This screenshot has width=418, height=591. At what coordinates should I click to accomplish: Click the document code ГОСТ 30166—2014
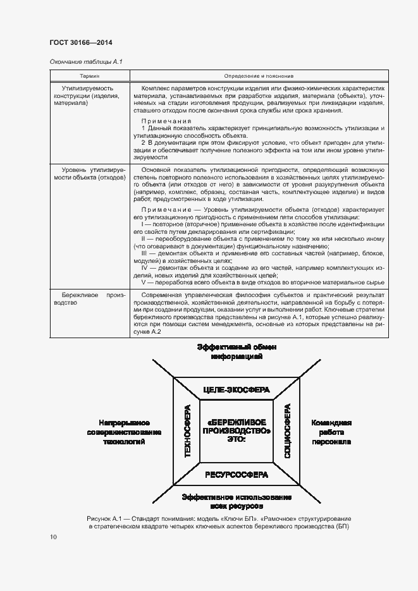pos(81,43)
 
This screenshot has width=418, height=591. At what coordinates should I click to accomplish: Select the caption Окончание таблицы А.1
pos(85,61)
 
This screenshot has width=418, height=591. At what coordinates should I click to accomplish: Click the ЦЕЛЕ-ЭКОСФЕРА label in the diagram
pos(236,389)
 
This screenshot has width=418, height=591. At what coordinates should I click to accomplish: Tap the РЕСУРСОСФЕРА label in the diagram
pos(236,474)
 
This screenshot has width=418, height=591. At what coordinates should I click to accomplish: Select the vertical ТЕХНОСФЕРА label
pos(187,432)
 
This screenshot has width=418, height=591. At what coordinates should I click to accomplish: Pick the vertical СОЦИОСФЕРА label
pos(287,432)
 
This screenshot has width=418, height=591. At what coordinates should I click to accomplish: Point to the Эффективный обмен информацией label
pos(236,352)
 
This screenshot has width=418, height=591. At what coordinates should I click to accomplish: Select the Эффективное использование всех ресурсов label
pos(236,502)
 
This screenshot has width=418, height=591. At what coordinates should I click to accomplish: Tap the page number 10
pos(53,537)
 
